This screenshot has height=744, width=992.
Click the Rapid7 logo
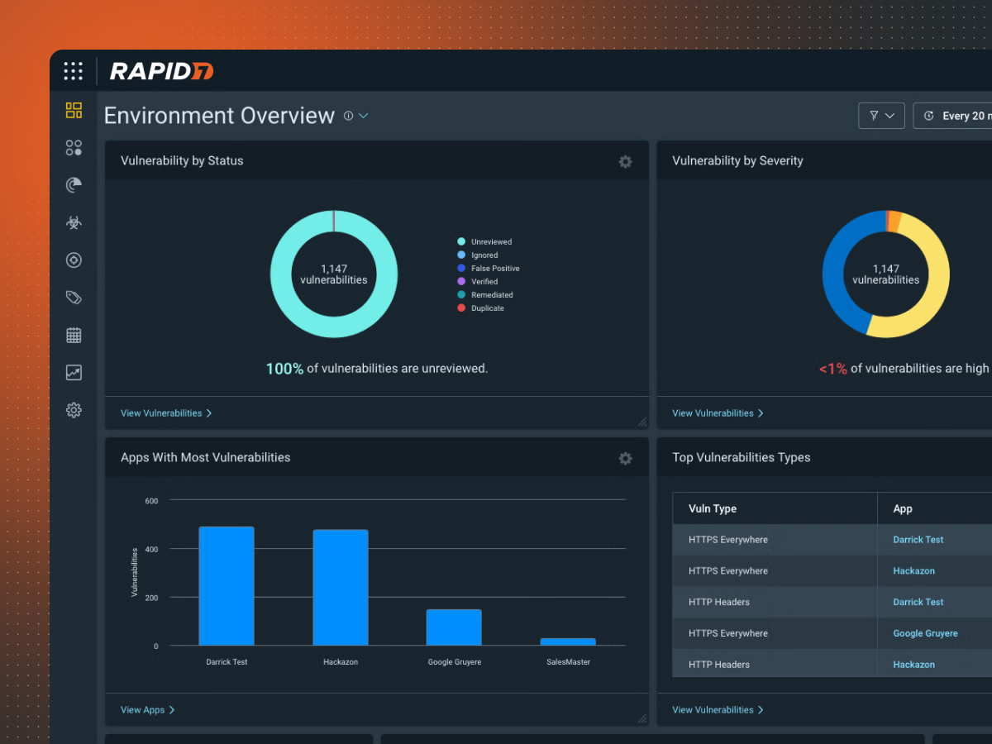point(162,71)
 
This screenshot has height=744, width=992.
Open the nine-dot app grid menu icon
point(74,71)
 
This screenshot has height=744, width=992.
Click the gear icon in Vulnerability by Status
point(625,162)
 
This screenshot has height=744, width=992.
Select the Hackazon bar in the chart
point(340,587)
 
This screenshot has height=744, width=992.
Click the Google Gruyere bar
point(454,627)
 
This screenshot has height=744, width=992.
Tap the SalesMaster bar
point(568,641)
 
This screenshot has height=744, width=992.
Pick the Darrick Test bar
point(227,585)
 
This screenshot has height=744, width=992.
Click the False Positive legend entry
point(494,269)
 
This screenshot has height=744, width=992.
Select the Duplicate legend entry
point(487,308)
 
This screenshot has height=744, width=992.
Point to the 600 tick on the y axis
point(151,501)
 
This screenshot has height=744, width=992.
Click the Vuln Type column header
point(712,509)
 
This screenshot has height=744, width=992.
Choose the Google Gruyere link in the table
point(925,634)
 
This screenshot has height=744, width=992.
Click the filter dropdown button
point(881,116)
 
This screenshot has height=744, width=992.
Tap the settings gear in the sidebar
point(74,410)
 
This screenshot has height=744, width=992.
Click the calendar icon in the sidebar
point(74,335)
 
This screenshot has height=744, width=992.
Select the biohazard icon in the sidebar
point(74,222)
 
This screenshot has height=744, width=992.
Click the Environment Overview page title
point(219,116)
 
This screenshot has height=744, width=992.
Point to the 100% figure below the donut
point(284,369)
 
